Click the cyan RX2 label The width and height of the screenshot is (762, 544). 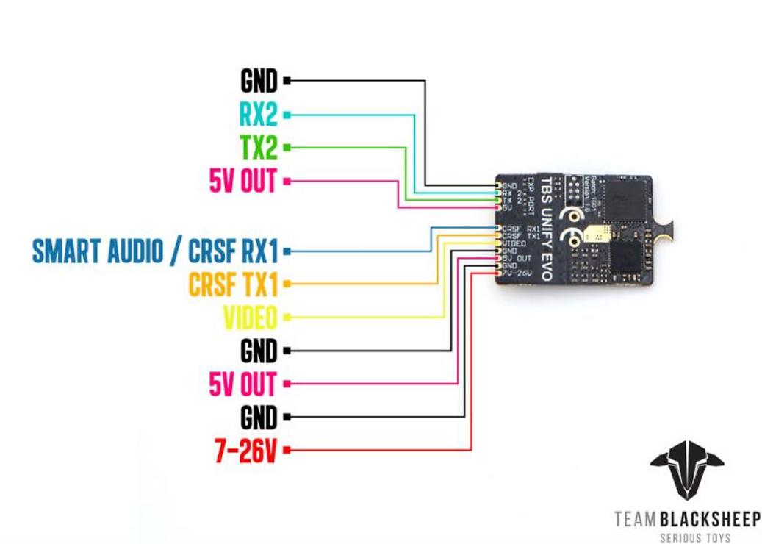tap(258, 114)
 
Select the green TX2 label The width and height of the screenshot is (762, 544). tap(258, 148)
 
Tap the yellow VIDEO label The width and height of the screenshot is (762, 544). tap(250, 318)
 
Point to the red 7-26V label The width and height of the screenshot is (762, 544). tap(245, 449)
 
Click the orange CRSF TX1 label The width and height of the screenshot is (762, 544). tap(233, 284)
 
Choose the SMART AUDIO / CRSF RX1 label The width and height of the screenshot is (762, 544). tap(155, 251)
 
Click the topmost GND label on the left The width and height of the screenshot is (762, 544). tap(259, 80)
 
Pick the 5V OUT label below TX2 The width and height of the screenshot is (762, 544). tap(243, 181)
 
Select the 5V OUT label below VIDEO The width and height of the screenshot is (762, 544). tap(243, 384)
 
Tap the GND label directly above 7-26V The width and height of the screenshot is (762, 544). tap(259, 417)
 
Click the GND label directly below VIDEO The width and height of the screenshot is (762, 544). tap(259, 351)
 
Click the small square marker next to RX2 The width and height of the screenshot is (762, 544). tap(287, 115)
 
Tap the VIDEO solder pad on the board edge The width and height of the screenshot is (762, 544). tap(499, 243)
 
